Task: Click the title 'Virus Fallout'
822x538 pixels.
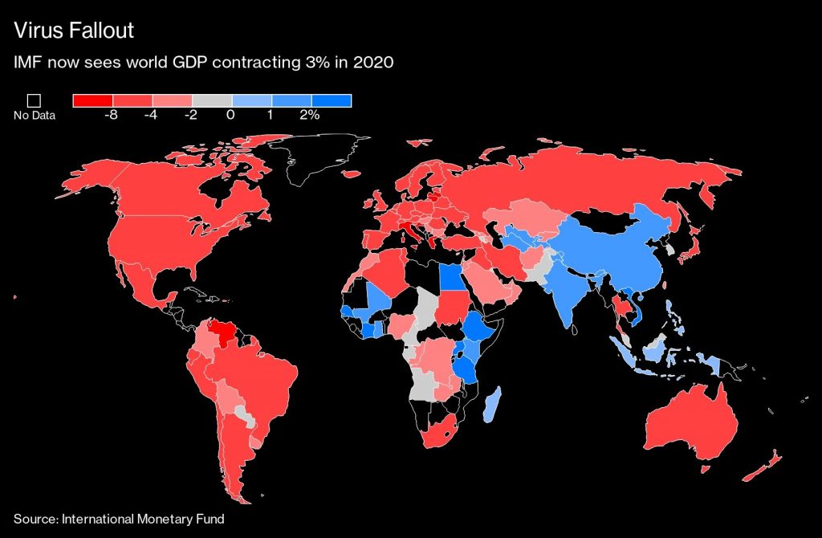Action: (x=73, y=31)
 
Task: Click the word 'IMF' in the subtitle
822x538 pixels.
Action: (x=28, y=63)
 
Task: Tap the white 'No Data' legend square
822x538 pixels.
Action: (x=34, y=100)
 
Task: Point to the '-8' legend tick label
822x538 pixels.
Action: (x=112, y=116)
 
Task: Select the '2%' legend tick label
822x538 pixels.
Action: (x=310, y=116)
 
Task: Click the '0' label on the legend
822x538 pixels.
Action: (x=231, y=116)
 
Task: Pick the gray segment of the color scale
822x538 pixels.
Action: (x=211, y=100)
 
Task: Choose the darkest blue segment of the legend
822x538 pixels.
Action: (x=332, y=100)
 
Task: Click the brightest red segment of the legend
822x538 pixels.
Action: (x=92, y=100)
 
